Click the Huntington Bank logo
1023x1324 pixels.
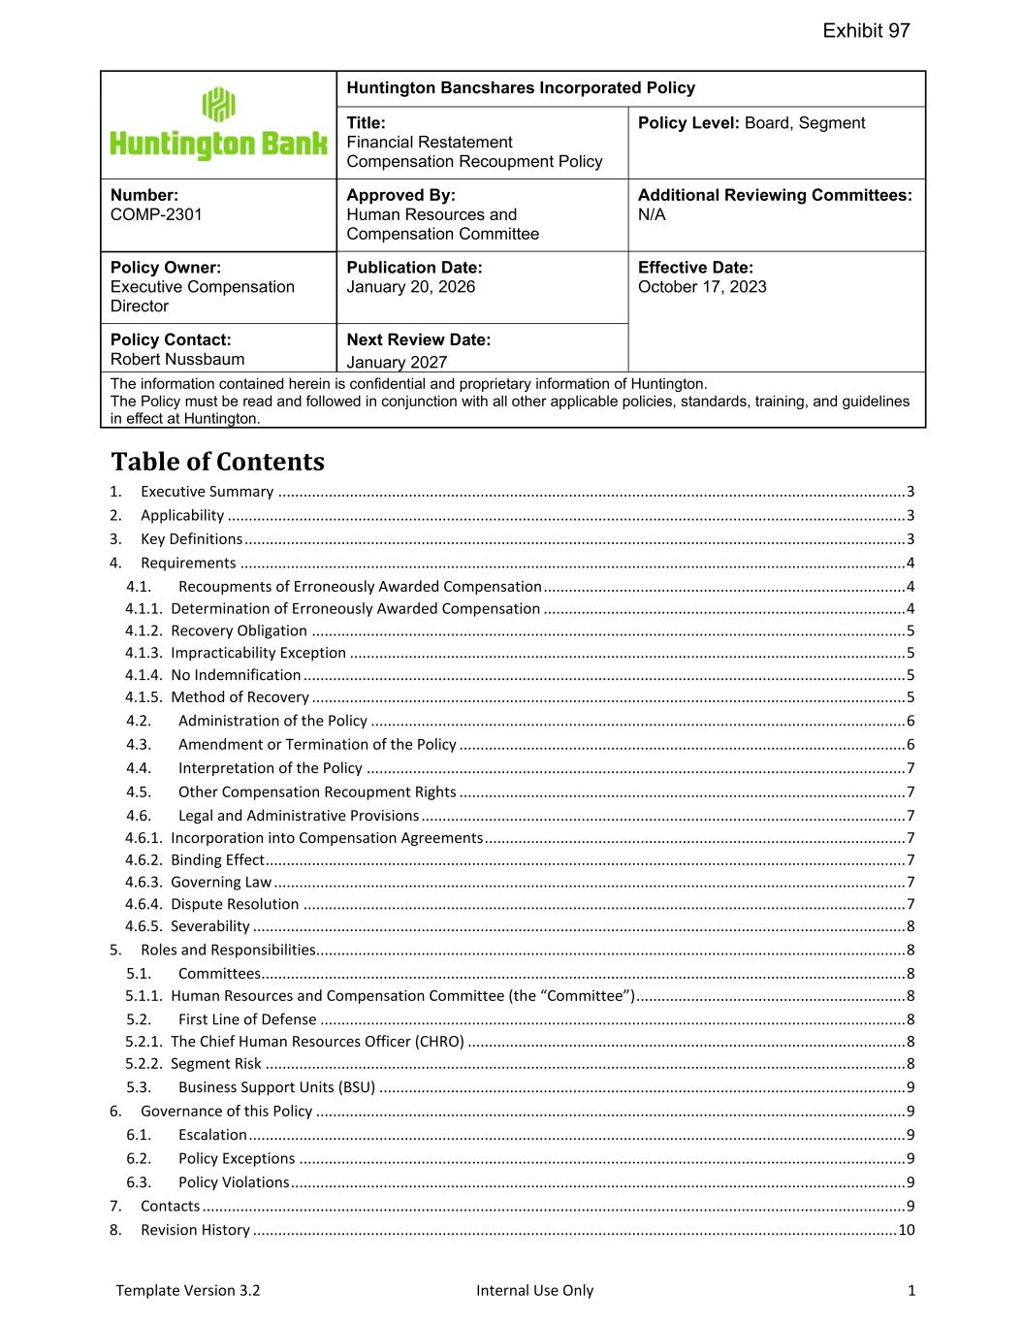pyautogui.click(x=218, y=124)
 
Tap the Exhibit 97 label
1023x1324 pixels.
pyautogui.click(x=866, y=31)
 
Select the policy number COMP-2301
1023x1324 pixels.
pyautogui.click(x=156, y=214)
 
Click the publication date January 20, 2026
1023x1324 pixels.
pyautogui.click(x=410, y=287)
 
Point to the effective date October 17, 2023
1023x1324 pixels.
pyautogui.click(x=702, y=287)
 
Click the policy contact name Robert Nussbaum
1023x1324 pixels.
pyautogui.click(x=177, y=360)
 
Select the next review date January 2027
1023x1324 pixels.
pyautogui.click(x=397, y=363)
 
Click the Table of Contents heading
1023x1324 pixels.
pyautogui.click(x=217, y=462)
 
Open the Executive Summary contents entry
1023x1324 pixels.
pyautogui.click(x=207, y=492)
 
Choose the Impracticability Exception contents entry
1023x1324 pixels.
pyautogui.click(x=258, y=653)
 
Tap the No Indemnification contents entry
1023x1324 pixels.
pyautogui.click(x=236, y=675)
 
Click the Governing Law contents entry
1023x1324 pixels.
pyautogui.click(x=221, y=882)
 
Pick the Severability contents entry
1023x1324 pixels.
pyautogui.click(x=210, y=926)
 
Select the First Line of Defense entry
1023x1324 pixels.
pyautogui.click(x=247, y=1019)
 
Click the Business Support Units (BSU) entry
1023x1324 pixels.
pyautogui.click(x=276, y=1087)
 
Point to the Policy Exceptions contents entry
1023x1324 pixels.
pyautogui.click(x=237, y=1158)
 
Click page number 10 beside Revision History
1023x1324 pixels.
pyautogui.click(x=907, y=1230)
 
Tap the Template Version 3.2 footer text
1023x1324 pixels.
pyautogui.click(x=187, y=1290)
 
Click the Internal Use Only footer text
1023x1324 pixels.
pyautogui.click(x=534, y=1290)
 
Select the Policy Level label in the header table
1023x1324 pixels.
pyautogui.click(x=688, y=123)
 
